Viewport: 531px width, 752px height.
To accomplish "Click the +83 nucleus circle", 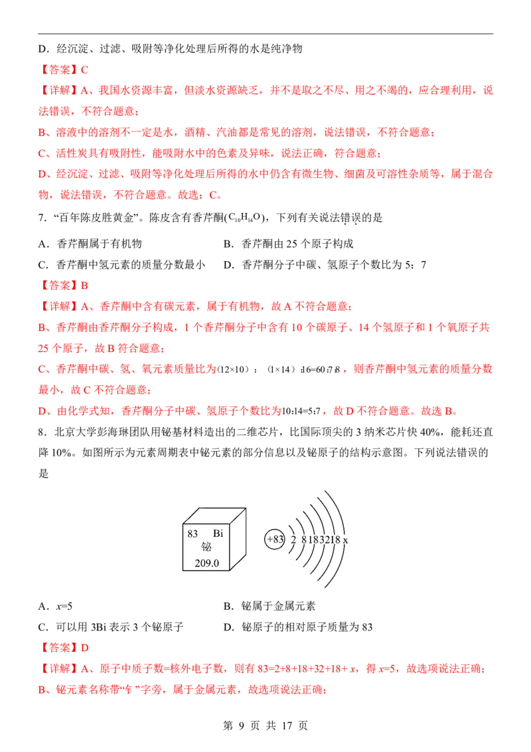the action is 275,539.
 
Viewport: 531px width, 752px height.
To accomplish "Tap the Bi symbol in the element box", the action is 218,533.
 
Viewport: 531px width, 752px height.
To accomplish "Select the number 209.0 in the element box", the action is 206,563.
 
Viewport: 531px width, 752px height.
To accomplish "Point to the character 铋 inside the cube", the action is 206,547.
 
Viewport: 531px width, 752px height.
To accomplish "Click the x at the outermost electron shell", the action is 346,540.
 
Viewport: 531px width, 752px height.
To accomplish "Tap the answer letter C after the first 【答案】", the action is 84,70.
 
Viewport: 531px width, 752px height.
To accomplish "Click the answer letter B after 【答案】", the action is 84,286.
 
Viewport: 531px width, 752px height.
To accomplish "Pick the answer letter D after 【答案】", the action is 84,648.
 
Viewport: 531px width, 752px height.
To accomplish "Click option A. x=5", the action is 55,607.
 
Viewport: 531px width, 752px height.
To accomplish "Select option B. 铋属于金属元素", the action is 269,607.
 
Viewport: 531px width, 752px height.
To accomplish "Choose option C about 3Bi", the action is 111,627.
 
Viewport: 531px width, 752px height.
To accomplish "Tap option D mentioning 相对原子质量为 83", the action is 297,627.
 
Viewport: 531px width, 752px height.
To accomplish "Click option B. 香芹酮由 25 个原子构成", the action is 289,244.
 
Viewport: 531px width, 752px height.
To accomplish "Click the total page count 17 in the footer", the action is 287,725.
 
